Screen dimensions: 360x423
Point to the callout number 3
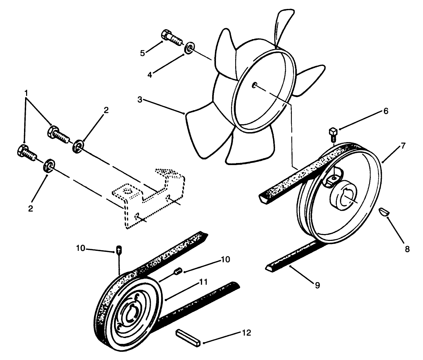click(140, 100)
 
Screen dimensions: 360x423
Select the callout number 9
click(317, 284)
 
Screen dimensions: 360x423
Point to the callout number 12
click(246, 333)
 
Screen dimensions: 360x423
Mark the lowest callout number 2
click(31, 208)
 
